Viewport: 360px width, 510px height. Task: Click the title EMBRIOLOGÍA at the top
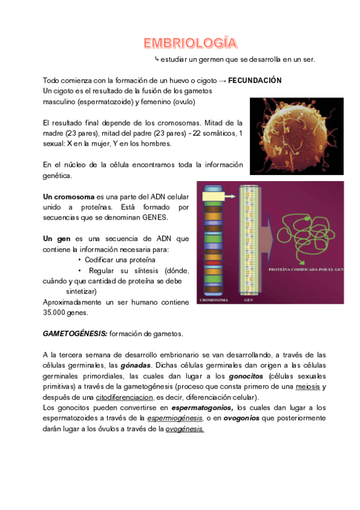(190, 43)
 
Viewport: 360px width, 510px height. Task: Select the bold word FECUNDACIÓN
(255, 81)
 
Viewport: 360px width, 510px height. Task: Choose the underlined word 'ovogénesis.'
(185, 429)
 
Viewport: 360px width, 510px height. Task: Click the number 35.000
(57, 313)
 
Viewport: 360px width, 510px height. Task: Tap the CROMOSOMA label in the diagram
(214, 299)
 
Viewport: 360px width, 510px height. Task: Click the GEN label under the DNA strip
(248, 299)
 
